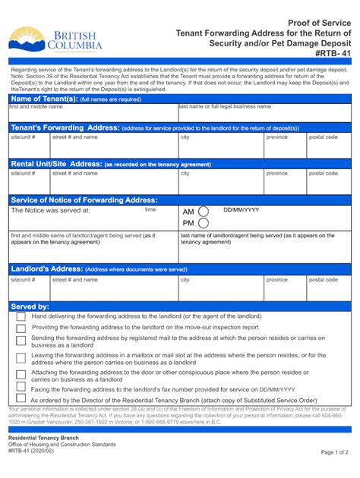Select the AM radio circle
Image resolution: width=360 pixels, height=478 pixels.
(x=203, y=212)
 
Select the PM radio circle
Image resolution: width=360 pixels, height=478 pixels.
(x=203, y=224)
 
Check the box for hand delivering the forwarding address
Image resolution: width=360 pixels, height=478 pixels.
(x=21, y=317)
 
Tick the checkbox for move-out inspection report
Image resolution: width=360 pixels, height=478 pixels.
(x=21, y=329)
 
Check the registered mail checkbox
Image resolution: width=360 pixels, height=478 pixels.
(x=21, y=341)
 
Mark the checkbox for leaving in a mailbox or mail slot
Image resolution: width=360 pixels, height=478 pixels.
(x=21, y=359)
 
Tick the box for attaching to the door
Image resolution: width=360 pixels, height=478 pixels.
(x=21, y=376)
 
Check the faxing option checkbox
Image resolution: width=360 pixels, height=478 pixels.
(x=21, y=389)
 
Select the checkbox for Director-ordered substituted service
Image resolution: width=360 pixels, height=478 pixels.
(x=21, y=401)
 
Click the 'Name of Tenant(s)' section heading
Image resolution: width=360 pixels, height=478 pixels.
(x=43, y=99)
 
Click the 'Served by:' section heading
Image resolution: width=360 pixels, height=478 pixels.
(x=30, y=306)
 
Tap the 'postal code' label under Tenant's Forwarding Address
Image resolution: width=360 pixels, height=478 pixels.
(x=323, y=137)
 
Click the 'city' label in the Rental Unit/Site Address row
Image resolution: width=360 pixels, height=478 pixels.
(x=185, y=173)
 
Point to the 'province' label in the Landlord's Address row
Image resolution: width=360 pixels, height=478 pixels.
(x=276, y=279)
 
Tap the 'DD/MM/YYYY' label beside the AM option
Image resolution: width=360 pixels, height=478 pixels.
(x=241, y=209)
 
